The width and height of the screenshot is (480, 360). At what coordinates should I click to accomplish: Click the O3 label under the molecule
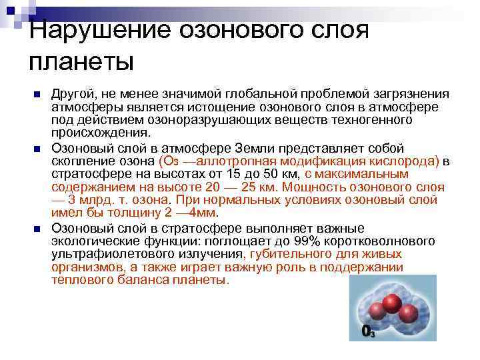[367, 331]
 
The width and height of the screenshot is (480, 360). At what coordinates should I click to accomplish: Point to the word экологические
[89, 241]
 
